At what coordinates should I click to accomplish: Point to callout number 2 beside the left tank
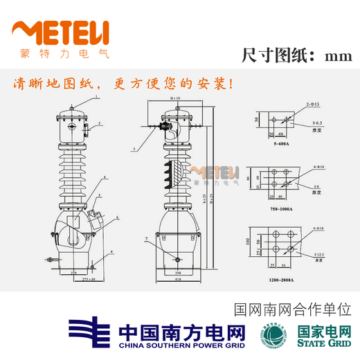(100, 124)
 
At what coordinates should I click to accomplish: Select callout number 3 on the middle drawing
(133, 148)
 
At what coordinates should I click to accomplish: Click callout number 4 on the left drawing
(105, 178)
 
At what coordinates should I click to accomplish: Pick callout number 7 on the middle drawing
(147, 239)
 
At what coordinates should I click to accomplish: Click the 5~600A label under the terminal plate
(281, 145)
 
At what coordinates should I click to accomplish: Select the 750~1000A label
(281, 208)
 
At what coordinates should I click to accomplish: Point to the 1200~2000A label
(282, 279)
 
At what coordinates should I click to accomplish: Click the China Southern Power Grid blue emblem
(91, 331)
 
